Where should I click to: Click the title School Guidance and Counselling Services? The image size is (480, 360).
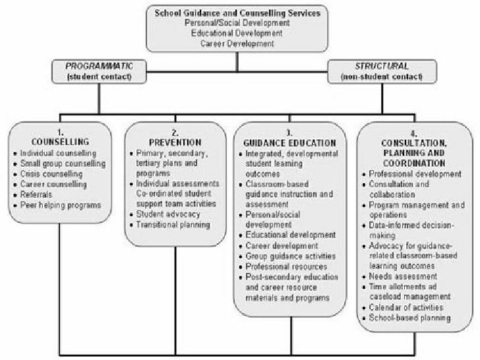pos(237,12)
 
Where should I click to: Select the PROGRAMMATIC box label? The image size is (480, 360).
pos(98,66)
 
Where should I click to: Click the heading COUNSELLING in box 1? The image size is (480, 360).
pos(60,142)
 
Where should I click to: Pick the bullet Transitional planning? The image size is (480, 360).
pos(173,225)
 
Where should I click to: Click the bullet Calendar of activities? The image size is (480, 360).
pos(406,308)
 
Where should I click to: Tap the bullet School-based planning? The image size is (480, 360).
pos(409,318)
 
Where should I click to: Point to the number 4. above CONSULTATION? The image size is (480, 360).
pos(414,131)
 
